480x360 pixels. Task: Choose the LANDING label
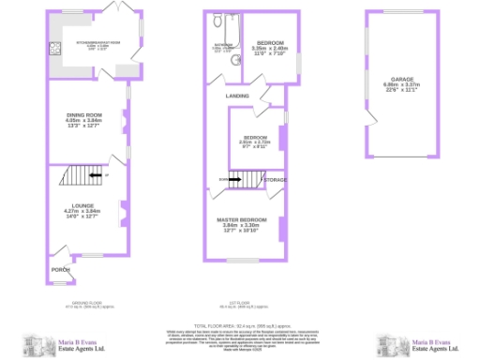pos(237,96)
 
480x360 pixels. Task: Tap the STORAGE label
pos(275,178)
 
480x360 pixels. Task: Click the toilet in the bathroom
pos(217,21)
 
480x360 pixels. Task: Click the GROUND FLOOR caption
pos(85,304)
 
